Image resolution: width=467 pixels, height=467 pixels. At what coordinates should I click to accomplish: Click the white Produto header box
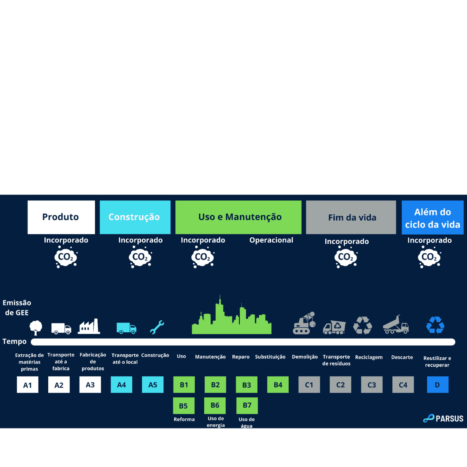(61, 217)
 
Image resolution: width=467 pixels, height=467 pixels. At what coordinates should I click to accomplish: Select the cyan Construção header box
(135, 217)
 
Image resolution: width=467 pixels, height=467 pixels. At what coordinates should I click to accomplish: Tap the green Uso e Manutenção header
(238, 217)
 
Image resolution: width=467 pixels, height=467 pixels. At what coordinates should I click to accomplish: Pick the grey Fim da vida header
(351, 218)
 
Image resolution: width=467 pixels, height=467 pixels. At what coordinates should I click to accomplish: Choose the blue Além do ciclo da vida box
(432, 218)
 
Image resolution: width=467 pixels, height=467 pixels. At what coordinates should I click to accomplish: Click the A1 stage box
(28, 385)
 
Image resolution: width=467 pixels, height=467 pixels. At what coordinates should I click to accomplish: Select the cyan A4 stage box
(121, 384)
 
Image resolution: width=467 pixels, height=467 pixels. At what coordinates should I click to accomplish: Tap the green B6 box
(215, 406)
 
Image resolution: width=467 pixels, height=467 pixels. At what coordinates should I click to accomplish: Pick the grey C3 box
(372, 385)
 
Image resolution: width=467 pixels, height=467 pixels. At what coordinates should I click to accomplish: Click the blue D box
(437, 384)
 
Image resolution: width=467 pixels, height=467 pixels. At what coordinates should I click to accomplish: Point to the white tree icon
(36, 327)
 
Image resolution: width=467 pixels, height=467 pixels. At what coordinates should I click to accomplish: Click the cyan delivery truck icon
(126, 328)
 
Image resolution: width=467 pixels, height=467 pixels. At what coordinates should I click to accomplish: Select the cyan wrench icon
(157, 327)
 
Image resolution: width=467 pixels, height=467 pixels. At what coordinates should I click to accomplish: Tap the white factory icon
(89, 327)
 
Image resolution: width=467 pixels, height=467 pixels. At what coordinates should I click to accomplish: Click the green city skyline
(231, 319)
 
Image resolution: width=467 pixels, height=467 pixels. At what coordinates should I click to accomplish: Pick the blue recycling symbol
(435, 325)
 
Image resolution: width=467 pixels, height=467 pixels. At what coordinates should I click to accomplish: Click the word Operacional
(271, 240)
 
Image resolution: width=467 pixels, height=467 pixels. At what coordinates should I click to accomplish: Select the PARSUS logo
(443, 419)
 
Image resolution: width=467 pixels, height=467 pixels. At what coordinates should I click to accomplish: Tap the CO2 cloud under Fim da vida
(346, 258)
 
